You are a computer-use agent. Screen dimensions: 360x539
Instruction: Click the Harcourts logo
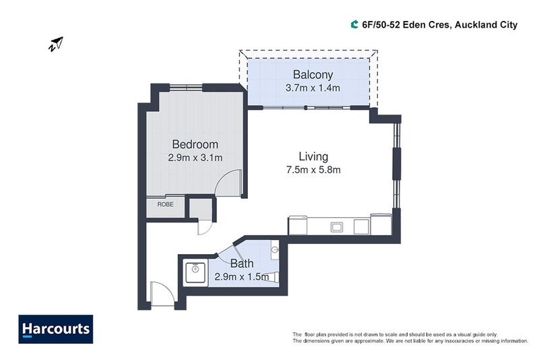(x=56, y=329)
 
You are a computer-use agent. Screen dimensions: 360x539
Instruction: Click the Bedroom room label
(x=195, y=144)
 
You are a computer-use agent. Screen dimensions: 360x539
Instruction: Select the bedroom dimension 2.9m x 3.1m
(x=195, y=158)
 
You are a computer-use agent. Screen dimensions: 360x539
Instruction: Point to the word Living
(x=313, y=156)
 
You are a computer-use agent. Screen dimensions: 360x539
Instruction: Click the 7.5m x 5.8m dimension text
(x=313, y=170)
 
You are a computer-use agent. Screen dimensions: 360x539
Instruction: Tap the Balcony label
(x=312, y=74)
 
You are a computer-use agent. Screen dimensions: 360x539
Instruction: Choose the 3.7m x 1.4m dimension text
(x=312, y=88)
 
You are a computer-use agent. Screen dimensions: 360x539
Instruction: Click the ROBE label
(x=165, y=204)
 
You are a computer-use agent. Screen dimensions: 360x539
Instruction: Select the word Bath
(x=241, y=264)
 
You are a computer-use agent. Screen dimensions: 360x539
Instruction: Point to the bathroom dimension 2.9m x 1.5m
(x=241, y=276)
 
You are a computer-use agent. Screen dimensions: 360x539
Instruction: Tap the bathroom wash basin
(x=274, y=250)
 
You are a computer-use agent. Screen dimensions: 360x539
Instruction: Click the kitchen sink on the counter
(x=336, y=227)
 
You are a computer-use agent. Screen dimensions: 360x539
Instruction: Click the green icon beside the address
(x=354, y=25)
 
